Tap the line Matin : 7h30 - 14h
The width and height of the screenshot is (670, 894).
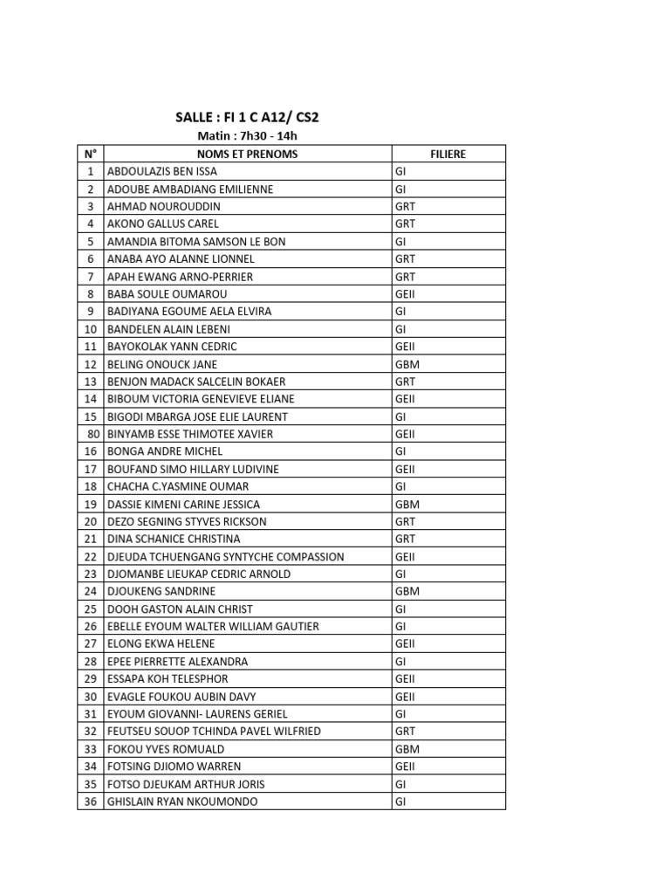pos(248,136)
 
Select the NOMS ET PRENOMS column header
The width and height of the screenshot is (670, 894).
pos(248,155)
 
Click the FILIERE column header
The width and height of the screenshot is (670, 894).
pos(448,155)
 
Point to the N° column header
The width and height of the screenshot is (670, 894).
pos(90,155)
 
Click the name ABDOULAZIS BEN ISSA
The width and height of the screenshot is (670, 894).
pos(162,172)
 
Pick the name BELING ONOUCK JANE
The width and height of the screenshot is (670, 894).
pos(162,364)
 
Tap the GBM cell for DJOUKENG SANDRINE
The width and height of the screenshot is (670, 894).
pos(407,591)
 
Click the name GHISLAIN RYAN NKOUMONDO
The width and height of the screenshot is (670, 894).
pos(182,801)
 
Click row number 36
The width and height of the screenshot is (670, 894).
pos(91,801)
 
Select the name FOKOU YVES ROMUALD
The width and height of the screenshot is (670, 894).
pos(166,749)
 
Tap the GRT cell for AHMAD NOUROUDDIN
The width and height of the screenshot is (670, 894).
pos(405,207)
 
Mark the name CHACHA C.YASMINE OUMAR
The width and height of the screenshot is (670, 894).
pos(178,486)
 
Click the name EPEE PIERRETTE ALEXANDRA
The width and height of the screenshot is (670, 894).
pos(177,661)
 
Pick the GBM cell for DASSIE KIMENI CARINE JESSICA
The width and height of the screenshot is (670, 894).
pos(407,504)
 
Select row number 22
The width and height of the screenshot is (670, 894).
pos(91,556)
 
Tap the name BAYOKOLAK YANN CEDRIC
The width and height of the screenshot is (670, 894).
pos(172,347)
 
